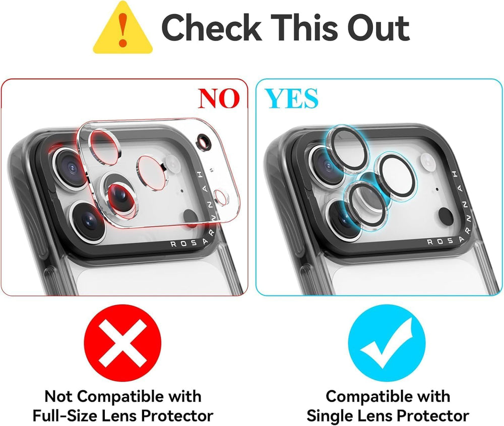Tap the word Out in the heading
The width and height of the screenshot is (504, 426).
379,27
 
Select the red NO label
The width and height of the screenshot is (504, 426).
219,98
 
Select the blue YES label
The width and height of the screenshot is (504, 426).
292,98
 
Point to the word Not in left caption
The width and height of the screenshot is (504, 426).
57,396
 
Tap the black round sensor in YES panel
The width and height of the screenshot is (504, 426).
446,216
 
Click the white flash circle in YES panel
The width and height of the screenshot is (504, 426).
427,161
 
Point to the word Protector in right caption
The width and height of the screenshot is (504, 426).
435,416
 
